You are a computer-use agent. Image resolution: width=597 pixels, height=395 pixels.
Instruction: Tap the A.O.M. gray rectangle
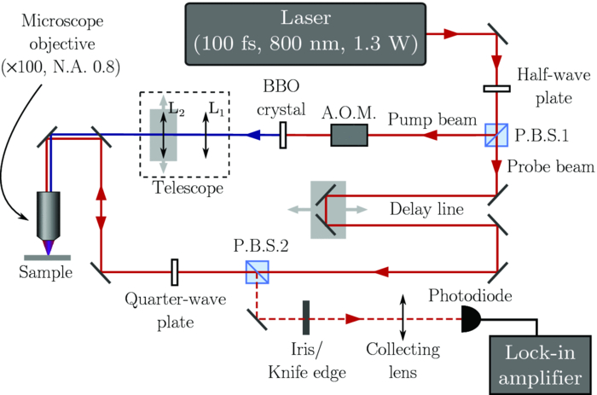(x=350, y=135)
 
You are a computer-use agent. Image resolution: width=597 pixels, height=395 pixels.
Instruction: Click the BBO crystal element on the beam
(x=282, y=135)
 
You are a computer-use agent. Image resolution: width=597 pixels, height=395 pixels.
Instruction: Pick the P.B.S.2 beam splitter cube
(x=255, y=272)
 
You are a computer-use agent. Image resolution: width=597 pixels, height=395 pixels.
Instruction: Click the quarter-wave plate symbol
(x=175, y=272)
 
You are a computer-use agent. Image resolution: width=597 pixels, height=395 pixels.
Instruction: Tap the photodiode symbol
(x=471, y=320)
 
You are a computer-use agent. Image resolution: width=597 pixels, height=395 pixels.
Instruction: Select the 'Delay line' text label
(x=415, y=207)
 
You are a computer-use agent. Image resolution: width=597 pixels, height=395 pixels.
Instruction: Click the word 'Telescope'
(x=183, y=188)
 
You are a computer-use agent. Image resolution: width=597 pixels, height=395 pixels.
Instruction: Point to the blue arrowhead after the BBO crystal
(x=253, y=135)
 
